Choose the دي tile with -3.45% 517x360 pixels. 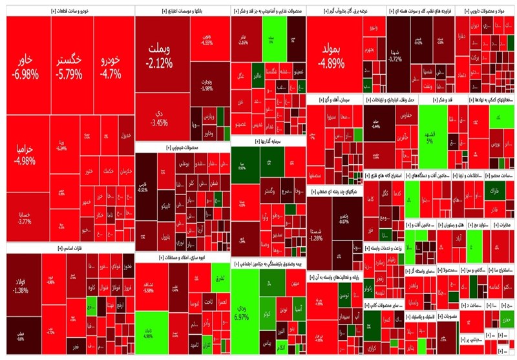[x=159, y=117]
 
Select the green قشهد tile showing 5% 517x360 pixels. [x=428, y=132]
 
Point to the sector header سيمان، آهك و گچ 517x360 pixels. [x=335, y=100]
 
